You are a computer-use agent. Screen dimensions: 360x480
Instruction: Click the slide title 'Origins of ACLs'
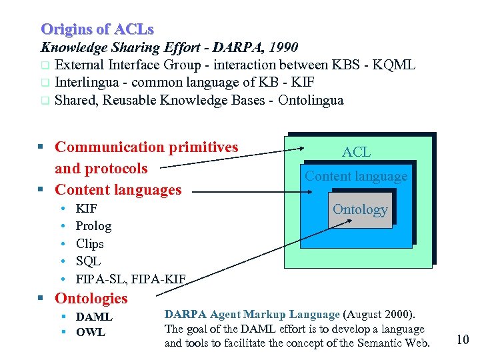[97, 29]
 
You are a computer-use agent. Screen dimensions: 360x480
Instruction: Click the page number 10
[463, 339]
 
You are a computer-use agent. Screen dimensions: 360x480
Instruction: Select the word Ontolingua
[311, 101]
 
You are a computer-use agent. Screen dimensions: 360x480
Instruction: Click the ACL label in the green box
[356, 152]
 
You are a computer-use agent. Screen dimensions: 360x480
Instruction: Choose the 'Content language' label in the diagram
[356, 176]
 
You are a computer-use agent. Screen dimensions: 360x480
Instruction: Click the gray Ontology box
[360, 209]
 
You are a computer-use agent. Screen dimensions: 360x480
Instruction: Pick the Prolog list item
[93, 226]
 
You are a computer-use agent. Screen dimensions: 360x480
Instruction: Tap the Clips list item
[89, 243]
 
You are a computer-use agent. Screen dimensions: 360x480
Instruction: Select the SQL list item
[88, 261]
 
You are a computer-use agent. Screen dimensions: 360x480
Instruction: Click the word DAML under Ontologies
[94, 317]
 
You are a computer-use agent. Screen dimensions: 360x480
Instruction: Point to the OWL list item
[90, 332]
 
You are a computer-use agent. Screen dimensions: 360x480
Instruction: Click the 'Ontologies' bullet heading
[91, 298]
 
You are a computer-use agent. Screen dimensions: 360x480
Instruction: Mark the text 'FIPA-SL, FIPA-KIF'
[131, 278]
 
